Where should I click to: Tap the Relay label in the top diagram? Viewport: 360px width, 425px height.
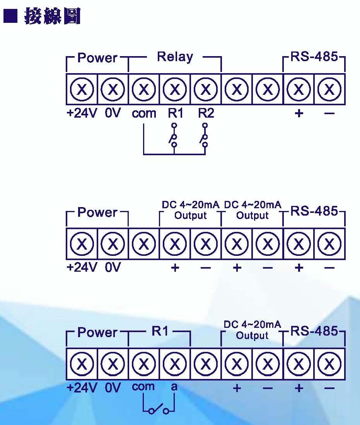(x=175, y=57)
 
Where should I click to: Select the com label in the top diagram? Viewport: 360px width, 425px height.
(x=144, y=113)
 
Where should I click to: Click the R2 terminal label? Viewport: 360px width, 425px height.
(x=206, y=113)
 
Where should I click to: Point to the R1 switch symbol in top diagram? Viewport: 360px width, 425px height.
(x=174, y=135)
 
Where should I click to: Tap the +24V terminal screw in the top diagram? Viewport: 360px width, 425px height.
(x=82, y=90)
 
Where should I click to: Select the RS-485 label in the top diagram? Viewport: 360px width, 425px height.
(x=314, y=57)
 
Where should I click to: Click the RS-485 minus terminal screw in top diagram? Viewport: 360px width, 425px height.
(x=329, y=90)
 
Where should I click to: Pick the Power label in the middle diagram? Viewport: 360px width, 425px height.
(x=97, y=212)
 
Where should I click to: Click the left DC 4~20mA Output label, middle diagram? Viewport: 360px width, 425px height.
(x=190, y=210)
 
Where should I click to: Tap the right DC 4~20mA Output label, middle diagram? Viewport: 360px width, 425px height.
(x=253, y=210)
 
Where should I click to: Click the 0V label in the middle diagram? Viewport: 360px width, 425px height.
(x=113, y=267)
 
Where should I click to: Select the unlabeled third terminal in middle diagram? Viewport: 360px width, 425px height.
(x=144, y=244)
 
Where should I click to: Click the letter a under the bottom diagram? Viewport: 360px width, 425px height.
(x=174, y=387)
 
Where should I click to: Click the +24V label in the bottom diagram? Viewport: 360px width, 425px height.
(x=82, y=387)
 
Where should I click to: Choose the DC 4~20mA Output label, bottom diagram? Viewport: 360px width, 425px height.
(x=253, y=330)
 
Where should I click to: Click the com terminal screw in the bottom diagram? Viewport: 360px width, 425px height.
(x=144, y=364)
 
